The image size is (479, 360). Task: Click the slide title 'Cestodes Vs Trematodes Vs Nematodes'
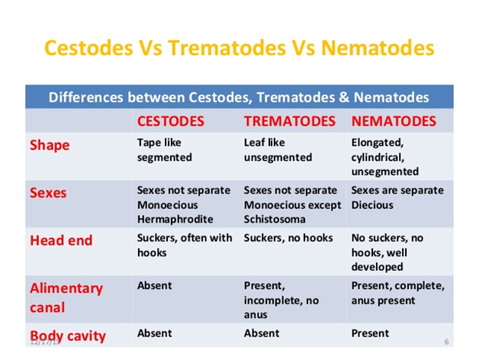tap(239, 47)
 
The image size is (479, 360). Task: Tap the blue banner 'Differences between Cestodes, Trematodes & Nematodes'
tap(239, 98)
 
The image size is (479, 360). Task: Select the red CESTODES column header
tap(171, 121)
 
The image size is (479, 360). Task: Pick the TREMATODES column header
tap(290, 121)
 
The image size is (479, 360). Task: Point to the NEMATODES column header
tap(394, 121)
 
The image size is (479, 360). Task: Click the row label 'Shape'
tap(50, 145)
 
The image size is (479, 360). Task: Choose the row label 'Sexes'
tap(48, 192)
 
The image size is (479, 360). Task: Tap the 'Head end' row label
tap(61, 240)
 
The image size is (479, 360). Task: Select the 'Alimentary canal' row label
tap(66, 297)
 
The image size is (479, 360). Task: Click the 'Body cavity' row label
tap(68, 336)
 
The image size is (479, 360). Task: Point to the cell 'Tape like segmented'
tap(165, 150)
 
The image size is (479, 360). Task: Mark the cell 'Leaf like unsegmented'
tap(278, 150)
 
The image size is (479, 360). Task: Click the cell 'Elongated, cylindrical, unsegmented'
tap(385, 157)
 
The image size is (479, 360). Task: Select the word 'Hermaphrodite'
tap(175, 220)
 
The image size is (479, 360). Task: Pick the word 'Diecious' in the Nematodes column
tap(372, 205)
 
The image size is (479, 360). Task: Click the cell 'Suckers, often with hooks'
tap(185, 245)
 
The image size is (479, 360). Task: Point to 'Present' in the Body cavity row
tap(370, 333)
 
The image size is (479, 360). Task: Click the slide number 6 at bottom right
tap(446, 341)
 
